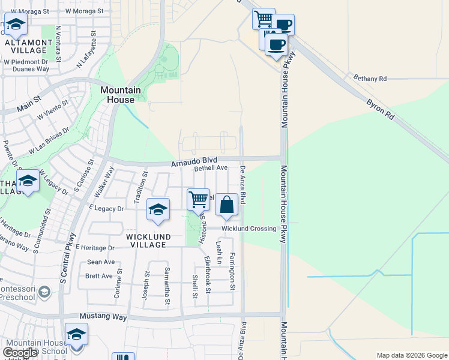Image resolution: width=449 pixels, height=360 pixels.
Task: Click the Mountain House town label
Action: coord(120,95)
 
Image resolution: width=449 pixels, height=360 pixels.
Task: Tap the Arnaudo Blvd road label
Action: coord(193,161)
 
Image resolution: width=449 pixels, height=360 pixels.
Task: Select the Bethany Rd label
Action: coord(370,79)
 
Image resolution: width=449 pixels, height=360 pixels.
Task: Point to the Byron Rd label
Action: coord(381,109)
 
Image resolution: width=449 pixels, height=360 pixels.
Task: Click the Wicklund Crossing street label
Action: coord(249,229)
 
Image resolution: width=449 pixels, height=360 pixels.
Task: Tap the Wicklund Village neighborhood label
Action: coord(146,241)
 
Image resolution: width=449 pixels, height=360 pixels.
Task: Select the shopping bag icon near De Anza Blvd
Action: coord(227,205)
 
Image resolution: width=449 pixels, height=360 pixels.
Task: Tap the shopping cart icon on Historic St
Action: coord(199,199)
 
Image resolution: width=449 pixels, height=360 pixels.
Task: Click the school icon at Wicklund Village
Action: coord(158,209)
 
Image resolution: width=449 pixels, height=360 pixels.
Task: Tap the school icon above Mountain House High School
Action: coord(76,334)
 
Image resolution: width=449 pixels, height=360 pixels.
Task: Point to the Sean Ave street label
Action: coord(101,262)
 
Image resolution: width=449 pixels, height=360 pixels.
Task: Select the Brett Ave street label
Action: coord(99,276)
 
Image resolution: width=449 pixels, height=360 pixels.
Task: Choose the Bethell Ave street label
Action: coord(211,169)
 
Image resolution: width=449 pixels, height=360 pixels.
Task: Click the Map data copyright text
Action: coord(411,355)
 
